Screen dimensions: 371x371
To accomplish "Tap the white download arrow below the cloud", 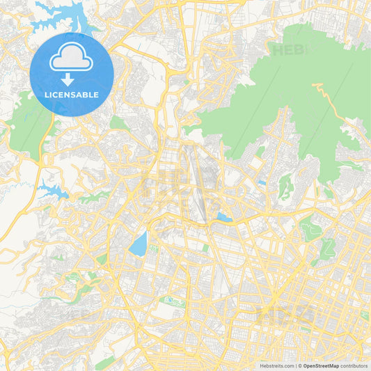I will [72, 79].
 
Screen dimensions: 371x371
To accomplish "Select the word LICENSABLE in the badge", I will [72, 95].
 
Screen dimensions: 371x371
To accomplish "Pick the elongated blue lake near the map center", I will [139, 244].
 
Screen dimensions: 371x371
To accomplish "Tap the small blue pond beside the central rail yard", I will [223, 217].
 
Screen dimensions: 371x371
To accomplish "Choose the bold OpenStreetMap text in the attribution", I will [321, 365].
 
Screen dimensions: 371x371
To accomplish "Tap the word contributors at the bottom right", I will [354, 365].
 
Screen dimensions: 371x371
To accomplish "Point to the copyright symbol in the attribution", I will [299, 365].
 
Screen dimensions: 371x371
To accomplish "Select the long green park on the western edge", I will [28, 129].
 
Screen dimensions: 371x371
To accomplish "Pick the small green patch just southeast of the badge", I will [119, 123].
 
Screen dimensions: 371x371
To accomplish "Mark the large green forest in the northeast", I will [278, 90].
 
